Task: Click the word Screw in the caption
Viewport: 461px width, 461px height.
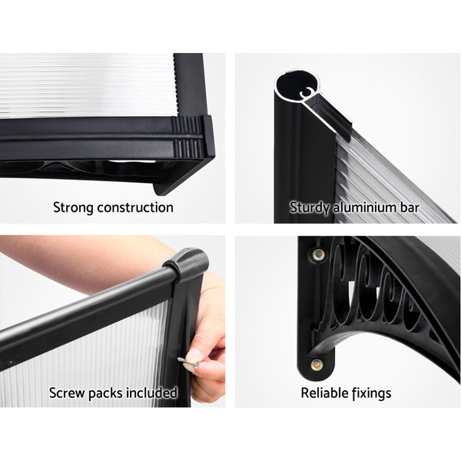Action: coord(67,393)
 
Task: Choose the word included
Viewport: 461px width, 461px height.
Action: coord(153,393)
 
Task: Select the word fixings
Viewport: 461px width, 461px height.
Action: coord(371,393)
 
